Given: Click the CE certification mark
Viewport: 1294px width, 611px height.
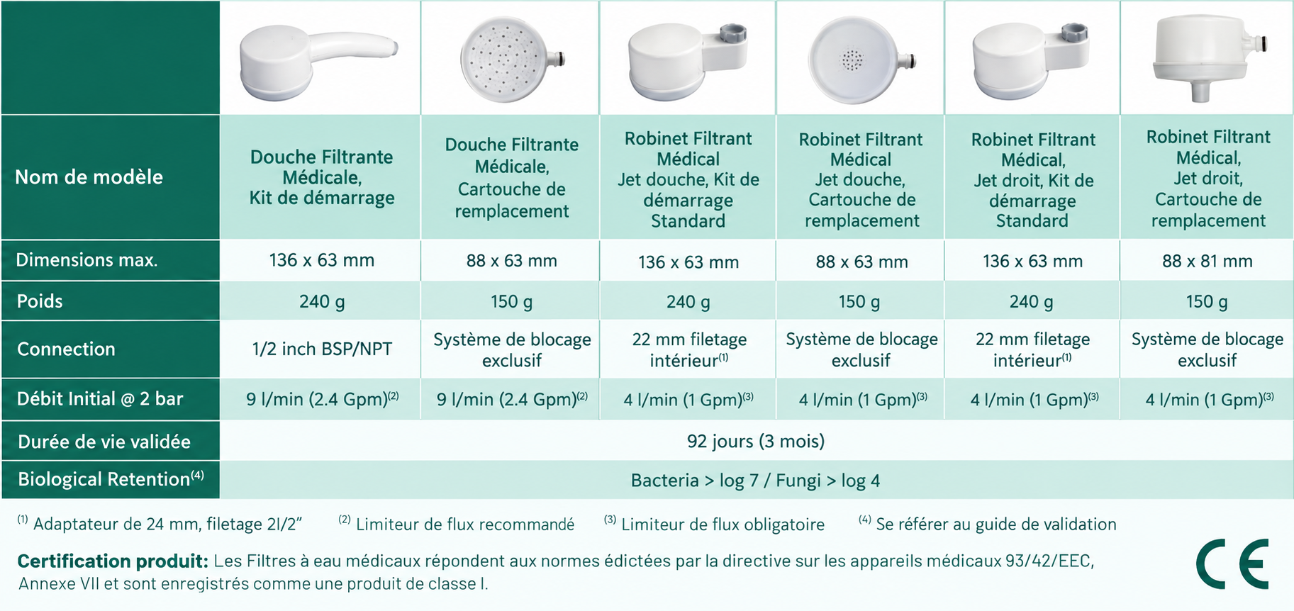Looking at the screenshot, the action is (x=1232, y=564).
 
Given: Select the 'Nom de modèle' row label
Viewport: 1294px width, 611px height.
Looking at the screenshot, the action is (x=89, y=177).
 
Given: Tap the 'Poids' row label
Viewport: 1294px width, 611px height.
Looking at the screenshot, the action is (x=40, y=301).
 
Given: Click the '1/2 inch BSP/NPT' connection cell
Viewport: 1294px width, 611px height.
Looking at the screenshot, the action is (x=322, y=349).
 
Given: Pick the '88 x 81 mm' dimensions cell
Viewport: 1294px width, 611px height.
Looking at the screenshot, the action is (x=1207, y=261).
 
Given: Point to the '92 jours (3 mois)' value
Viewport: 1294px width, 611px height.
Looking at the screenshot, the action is (x=756, y=441).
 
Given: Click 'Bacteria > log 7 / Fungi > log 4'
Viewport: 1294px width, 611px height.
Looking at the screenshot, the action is (x=756, y=481).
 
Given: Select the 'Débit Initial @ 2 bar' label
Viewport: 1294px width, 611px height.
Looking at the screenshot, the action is (x=100, y=399).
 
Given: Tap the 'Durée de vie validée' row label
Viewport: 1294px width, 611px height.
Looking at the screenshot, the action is (x=104, y=442).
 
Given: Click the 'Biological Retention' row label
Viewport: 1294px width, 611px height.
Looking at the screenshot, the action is (x=111, y=478).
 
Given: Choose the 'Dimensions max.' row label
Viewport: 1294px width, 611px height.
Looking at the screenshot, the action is (x=87, y=260).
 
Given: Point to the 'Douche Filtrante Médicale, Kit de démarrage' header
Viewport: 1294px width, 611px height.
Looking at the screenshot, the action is (x=322, y=177).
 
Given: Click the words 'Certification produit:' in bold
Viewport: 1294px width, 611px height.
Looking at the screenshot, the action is (x=113, y=561).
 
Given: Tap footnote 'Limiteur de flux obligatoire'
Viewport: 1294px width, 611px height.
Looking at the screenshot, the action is (x=723, y=525).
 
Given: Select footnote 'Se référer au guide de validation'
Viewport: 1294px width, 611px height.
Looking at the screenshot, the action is (x=996, y=525).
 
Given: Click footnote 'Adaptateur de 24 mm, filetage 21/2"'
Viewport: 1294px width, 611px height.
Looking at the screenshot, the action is (x=167, y=525).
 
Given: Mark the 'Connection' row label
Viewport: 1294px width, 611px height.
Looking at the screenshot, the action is (x=66, y=349).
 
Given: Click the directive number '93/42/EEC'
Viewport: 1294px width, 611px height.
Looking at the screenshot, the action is (x=1049, y=561).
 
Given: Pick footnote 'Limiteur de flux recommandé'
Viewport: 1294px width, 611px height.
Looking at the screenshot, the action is (x=465, y=525).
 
